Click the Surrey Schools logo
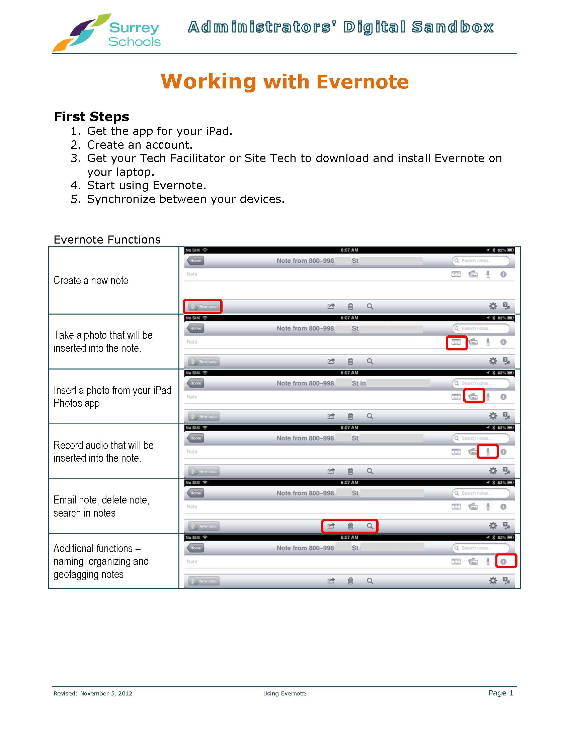[106, 33]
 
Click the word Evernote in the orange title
[362, 82]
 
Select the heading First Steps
[91, 117]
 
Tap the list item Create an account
[140, 145]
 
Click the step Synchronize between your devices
[185, 199]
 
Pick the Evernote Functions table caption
[107, 240]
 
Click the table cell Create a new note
[91, 280]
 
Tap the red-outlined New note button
[203, 307]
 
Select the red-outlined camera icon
[456, 342]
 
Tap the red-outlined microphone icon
[488, 452]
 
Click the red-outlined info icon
[503, 561]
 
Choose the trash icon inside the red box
[350, 526]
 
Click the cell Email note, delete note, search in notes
[101, 506]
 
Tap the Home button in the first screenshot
[195, 261]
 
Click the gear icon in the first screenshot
[493, 306]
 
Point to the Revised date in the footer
[93, 693]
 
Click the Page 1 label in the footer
[501, 693]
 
